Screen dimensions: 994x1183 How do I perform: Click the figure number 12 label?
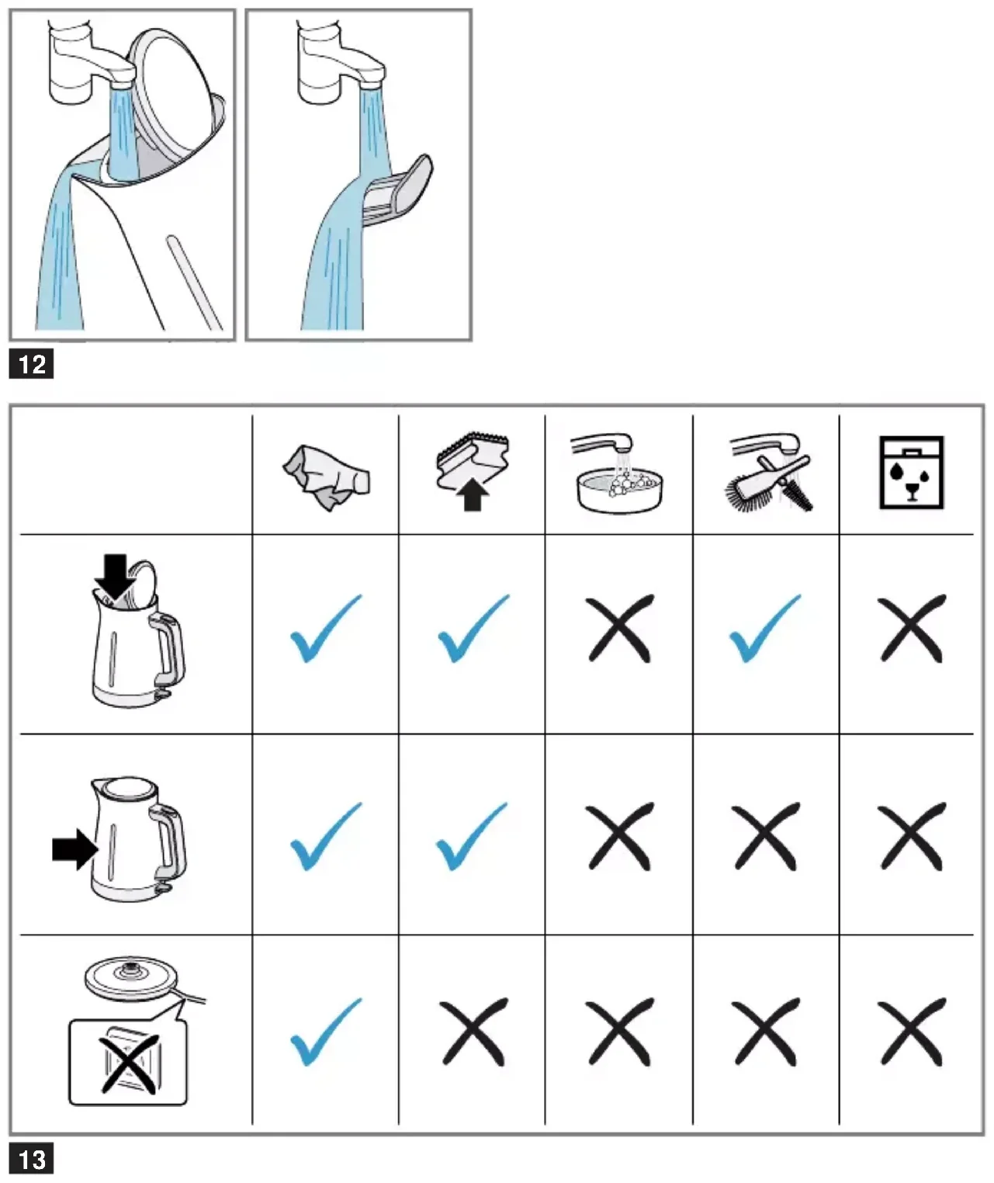pyautogui.click(x=32, y=364)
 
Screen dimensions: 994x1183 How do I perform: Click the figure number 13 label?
pyautogui.click(x=32, y=1160)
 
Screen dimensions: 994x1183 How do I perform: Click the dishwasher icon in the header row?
pyautogui.click(x=911, y=473)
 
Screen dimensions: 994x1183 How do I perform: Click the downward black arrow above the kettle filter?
pyautogui.click(x=116, y=576)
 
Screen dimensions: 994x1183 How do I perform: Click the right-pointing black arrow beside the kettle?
pyautogui.click(x=74, y=849)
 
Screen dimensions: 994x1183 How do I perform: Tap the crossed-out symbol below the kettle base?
pyautogui.click(x=129, y=1060)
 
